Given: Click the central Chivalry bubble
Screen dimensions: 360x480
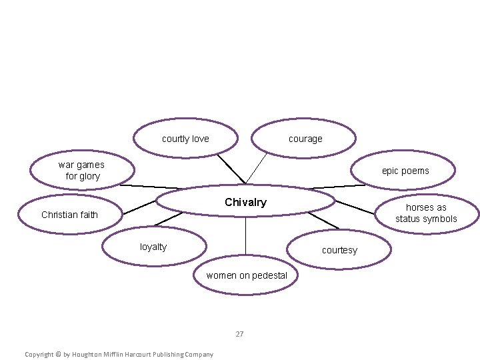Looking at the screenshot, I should (x=245, y=201).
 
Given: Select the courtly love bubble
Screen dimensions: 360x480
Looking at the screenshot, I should (x=185, y=139).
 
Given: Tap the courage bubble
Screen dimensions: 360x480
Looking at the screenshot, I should (x=305, y=139).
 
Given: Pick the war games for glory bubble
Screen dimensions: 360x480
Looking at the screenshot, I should (x=81, y=171).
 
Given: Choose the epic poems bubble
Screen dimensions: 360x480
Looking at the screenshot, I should (x=405, y=171).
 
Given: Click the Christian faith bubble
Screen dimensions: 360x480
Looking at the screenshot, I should (x=69, y=215).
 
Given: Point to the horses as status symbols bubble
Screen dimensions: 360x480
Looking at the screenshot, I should (x=426, y=213).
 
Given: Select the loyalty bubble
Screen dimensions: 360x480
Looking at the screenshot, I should (x=154, y=247).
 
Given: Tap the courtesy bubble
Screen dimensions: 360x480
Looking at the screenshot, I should (x=339, y=250).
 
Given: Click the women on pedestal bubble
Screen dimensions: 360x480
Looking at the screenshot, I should (x=247, y=275).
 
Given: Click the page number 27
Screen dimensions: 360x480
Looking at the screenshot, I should (x=239, y=334).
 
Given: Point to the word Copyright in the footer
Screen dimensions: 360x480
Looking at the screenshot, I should (x=39, y=354).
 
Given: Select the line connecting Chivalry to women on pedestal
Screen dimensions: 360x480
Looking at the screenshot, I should (x=245, y=237).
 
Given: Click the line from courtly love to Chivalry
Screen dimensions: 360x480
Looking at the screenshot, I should (x=231, y=169).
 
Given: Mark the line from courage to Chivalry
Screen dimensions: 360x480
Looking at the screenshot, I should (x=257, y=168).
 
